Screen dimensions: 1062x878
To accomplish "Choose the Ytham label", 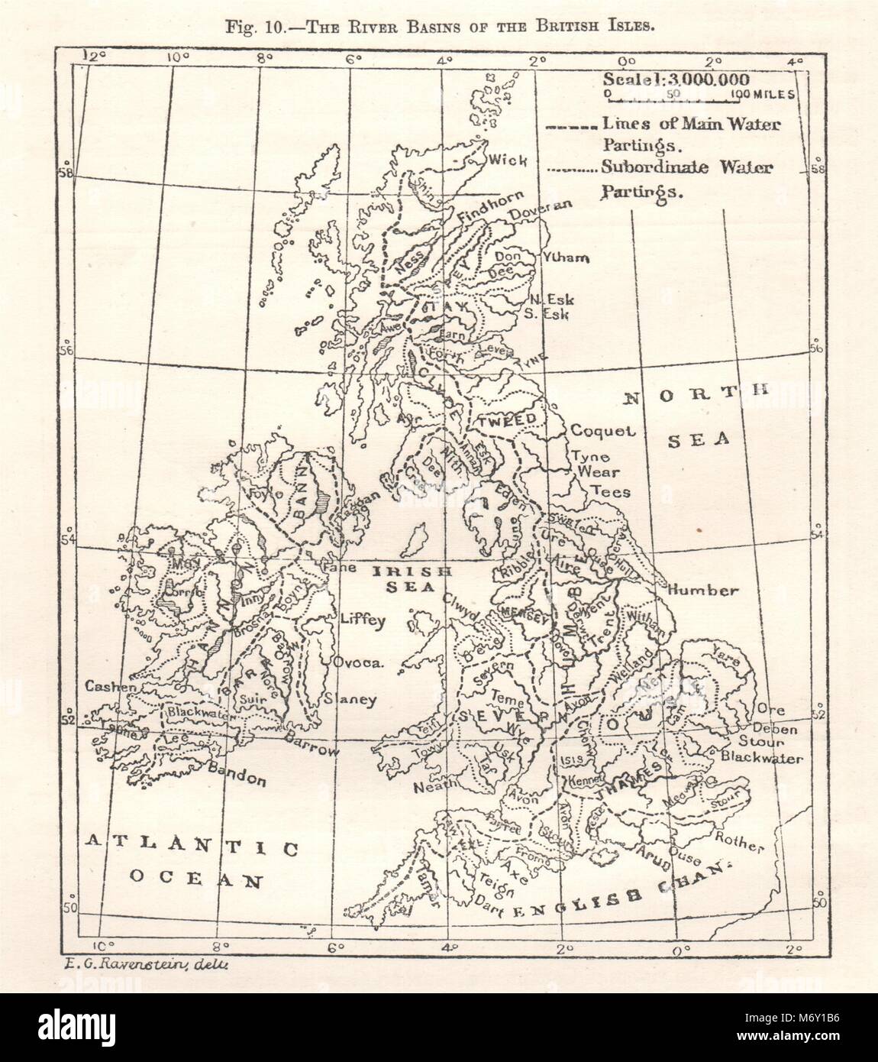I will [564, 257].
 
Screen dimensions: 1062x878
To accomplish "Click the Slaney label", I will [350, 698].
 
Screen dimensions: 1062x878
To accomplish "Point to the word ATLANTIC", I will [189, 844].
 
